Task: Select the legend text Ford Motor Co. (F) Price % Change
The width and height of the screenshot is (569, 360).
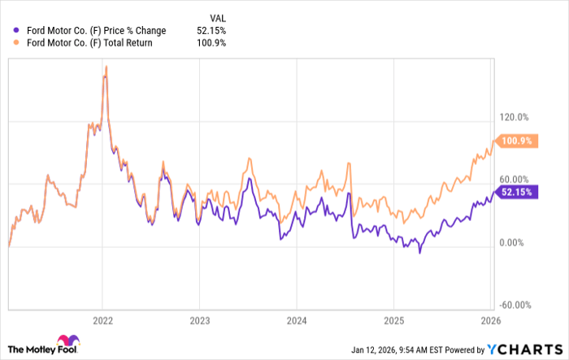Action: (97, 31)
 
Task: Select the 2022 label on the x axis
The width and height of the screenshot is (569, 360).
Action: (102, 320)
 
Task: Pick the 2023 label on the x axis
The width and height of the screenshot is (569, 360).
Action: (199, 320)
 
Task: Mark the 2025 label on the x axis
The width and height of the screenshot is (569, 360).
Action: (393, 320)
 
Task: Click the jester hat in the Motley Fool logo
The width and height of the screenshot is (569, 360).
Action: (64, 342)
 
